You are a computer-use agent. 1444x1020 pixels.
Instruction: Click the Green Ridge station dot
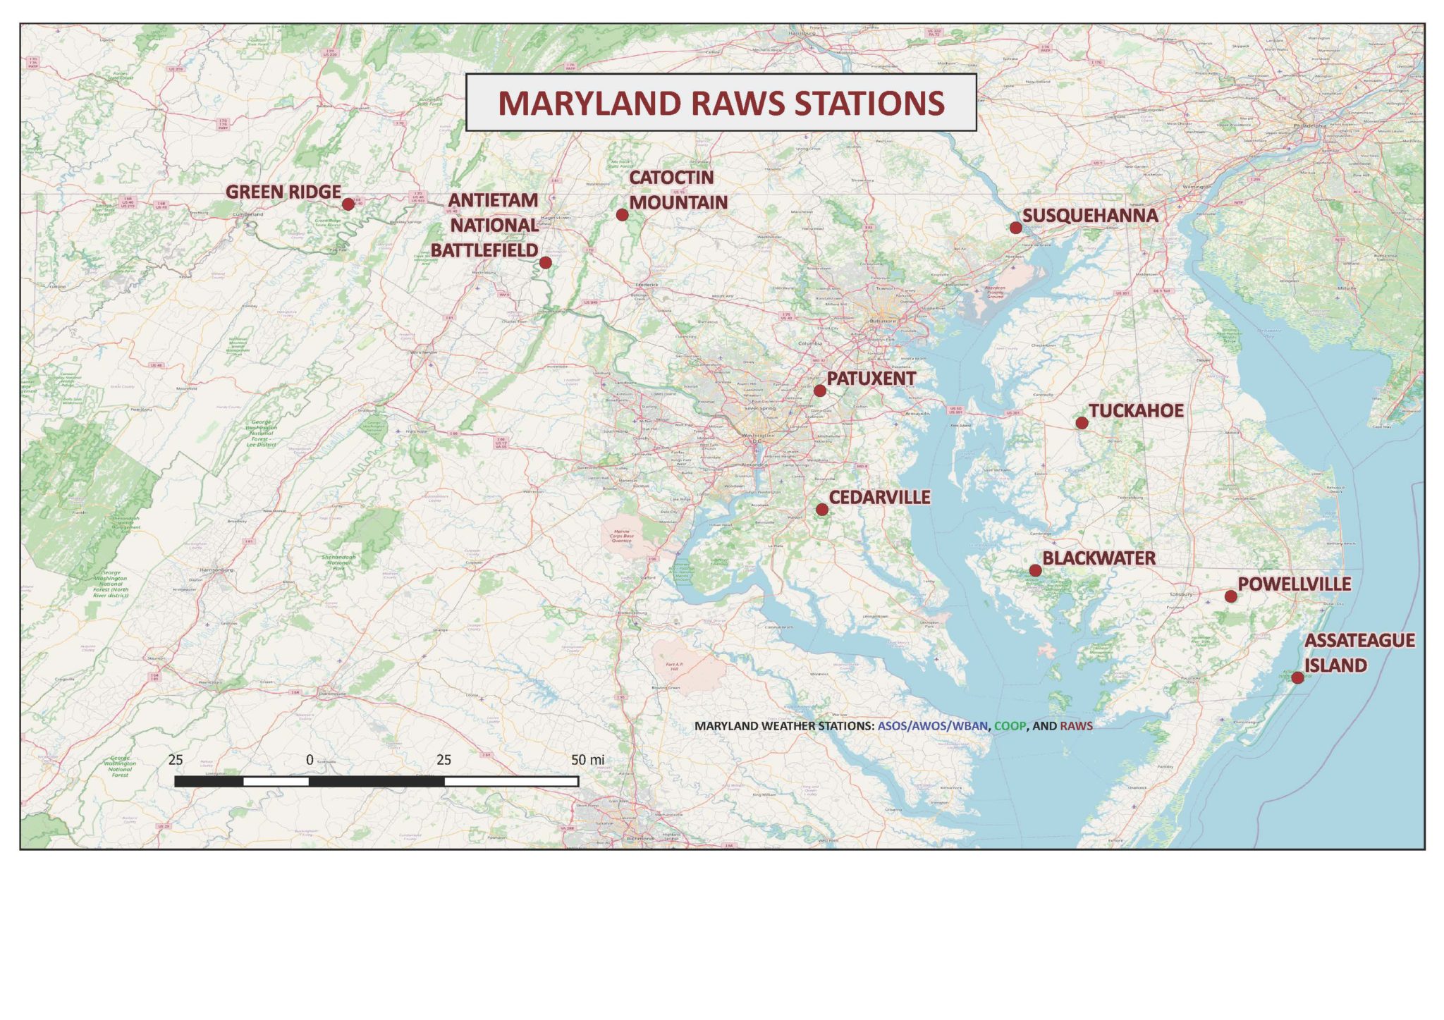[348, 204]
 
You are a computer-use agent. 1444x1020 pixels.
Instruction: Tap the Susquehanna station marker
[1015, 228]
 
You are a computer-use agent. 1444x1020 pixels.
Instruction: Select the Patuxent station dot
[819, 391]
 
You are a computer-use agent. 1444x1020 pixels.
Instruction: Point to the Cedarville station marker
[821, 510]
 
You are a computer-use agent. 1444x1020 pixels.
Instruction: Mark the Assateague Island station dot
[1297, 678]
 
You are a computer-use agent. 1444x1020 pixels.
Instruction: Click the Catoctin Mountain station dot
[622, 215]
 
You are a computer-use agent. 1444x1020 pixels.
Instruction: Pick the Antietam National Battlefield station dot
[545, 263]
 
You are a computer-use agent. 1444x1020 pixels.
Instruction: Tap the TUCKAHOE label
[1136, 411]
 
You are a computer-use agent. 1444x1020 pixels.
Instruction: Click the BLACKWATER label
[1099, 558]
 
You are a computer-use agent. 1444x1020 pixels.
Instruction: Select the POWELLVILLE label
[1295, 584]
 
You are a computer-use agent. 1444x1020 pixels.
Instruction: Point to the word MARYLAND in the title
[590, 104]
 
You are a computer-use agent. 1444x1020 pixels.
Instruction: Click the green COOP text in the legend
[1010, 726]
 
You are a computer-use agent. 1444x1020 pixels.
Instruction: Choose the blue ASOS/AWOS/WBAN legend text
[932, 726]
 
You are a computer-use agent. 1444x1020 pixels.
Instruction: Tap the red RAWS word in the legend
[1076, 726]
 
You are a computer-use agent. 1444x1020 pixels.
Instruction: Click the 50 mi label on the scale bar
[587, 760]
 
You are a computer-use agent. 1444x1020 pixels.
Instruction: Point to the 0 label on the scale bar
[310, 760]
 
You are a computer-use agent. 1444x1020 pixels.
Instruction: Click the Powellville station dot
[1230, 596]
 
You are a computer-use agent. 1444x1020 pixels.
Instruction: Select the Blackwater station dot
[1035, 570]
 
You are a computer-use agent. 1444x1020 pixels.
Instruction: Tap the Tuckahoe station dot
[1082, 423]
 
